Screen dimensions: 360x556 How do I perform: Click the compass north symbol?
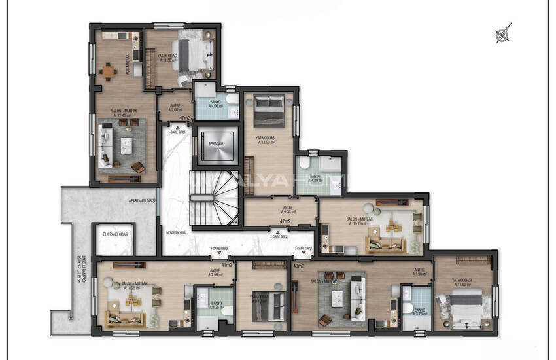coord(503,33)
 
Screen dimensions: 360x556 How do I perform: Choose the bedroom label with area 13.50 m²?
coord(266,139)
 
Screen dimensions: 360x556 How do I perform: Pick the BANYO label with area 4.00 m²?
coord(215,104)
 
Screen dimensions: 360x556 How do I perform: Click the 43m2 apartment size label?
coord(299,266)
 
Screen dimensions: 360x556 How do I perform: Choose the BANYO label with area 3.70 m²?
coord(420,312)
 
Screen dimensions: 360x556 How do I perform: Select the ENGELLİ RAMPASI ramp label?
coord(75,270)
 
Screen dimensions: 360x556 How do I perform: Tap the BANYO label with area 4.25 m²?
coord(215,306)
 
